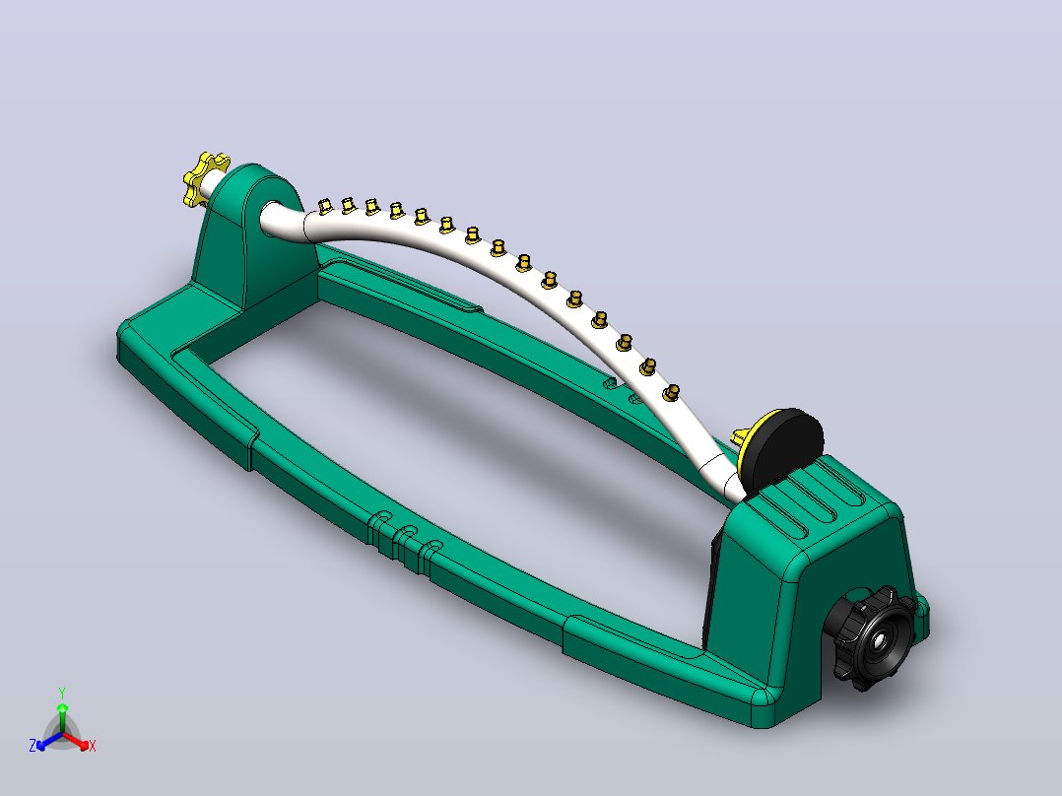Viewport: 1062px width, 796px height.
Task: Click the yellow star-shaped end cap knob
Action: pyautogui.click(x=205, y=177)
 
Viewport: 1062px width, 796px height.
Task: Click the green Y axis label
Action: pyautogui.click(x=62, y=693)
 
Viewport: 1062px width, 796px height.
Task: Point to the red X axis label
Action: pyautogui.click(x=93, y=746)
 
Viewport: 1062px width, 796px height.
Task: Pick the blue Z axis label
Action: pyautogui.click(x=33, y=745)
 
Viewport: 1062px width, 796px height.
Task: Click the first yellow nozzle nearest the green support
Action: pyautogui.click(x=325, y=206)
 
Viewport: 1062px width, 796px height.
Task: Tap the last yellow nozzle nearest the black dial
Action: pyautogui.click(x=671, y=393)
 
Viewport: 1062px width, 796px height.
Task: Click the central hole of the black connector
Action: pyautogui.click(x=879, y=639)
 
